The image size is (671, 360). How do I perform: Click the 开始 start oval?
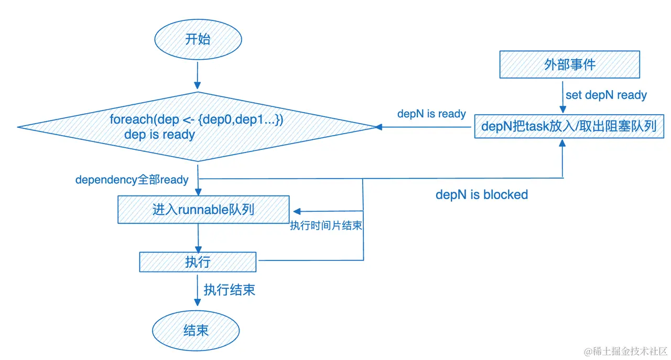198,40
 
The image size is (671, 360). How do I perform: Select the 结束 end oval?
196,331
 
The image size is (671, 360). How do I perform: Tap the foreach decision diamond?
197,127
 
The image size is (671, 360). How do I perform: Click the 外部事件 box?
569,64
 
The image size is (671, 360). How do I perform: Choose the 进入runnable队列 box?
203,210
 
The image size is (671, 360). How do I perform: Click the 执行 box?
198,262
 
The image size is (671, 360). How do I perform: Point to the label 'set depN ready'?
606,95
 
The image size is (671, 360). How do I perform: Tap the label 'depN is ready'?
431,114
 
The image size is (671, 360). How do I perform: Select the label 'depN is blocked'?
481,195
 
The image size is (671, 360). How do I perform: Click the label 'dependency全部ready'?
132,180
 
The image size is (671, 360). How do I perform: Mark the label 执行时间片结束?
327,226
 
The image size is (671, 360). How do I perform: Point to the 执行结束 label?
230,290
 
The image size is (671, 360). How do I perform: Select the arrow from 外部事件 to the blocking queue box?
562,96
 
